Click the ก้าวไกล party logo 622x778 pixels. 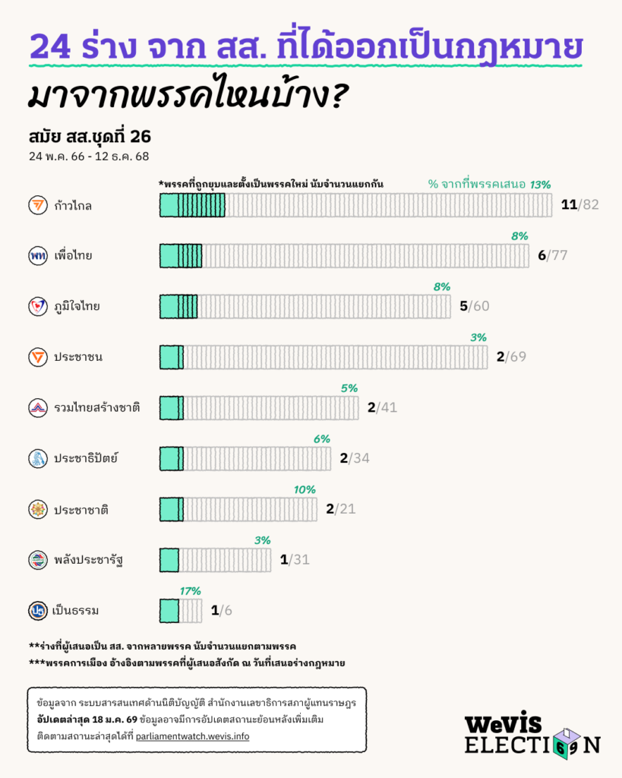click(x=37, y=205)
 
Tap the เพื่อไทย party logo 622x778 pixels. click(x=37, y=255)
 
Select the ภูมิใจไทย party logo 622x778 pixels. click(x=37, y=306)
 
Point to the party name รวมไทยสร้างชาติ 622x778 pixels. click(x=96, y=408)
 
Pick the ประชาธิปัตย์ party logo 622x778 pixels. click(x=37, y=458)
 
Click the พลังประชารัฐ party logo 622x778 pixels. click(x=37, y=560)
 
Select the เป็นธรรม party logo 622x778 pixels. click(x=37, y=610)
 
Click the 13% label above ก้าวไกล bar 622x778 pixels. click(x=540, y=185)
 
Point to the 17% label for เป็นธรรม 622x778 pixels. click(x=191, y=590)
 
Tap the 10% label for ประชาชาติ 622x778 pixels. click(x=305, y=489)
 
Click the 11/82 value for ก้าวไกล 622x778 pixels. click(x=580, y=205)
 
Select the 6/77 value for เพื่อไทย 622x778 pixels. click(x=552, y=255)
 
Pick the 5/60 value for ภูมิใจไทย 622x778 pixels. click(x=475, y=306)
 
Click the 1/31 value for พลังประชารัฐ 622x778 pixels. click(x=295, y=560)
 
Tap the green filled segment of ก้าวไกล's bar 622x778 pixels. click(x=192, y=205)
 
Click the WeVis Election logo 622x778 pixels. click(x=532, y=732)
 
